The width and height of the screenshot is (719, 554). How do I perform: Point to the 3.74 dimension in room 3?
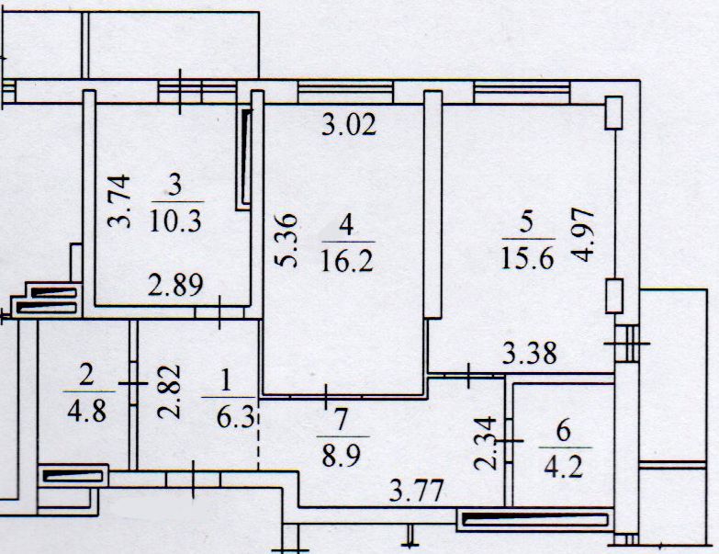(118, 201)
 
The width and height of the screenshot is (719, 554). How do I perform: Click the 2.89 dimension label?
(176, 285)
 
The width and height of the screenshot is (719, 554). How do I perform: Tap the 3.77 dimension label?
(418, 491)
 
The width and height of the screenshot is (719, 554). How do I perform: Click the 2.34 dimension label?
(489, 443)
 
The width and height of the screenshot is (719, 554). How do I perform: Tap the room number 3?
(176, 184)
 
